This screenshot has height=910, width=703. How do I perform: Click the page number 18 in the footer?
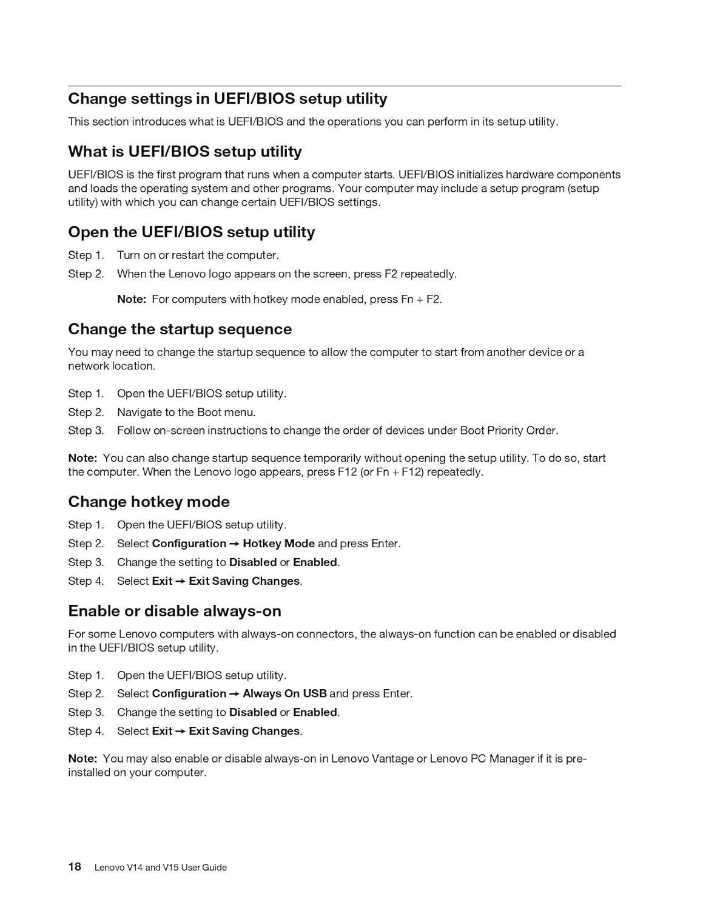coord(75,866)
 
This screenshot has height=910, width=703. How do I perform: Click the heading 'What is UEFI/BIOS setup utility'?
coord(185,152)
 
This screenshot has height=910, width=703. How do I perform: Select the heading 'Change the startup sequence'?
coord(180,329)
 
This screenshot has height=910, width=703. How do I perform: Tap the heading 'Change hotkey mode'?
coord(149,502)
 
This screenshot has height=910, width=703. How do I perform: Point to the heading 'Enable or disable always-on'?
coord(175,611)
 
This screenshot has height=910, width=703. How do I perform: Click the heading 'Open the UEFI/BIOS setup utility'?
coord(192,232)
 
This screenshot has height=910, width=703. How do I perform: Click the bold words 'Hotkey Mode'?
coord(278,544)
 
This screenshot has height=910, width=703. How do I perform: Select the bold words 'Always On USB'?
coord(284,693)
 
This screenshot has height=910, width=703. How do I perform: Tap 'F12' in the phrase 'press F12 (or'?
coord(348,472)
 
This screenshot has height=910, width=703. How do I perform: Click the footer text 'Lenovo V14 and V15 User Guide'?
coord(161,868)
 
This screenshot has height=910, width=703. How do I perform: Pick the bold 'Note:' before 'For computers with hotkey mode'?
coord(132,299)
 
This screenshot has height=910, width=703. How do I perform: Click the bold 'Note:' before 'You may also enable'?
coord(82,758)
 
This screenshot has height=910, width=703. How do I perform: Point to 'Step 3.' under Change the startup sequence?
coord(86,431)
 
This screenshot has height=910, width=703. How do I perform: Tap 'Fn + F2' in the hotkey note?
coord(420,299)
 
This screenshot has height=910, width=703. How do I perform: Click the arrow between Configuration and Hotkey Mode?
coord(235,544)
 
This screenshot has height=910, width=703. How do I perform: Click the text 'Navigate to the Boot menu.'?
coord(186,413)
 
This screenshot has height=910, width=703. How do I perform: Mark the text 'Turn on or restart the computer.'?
coord(198,255)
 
